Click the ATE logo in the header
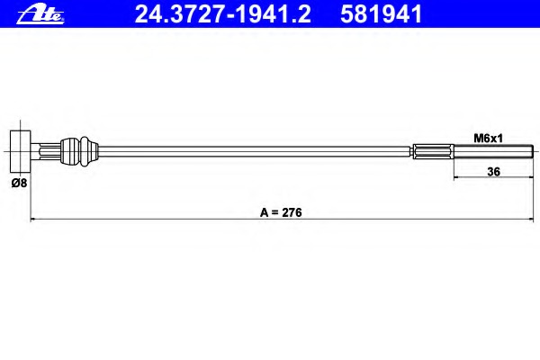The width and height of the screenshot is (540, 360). tap(40, 14)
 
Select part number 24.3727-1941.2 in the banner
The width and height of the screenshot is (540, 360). tap(223, 14)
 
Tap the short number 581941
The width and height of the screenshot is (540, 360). tap(381, 14)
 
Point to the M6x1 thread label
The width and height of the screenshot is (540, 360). tap(489, 139)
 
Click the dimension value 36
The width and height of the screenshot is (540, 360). tap(493, 172)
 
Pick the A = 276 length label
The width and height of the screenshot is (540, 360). tap(281, 212)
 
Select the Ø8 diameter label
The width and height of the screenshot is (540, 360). tap(19, 183)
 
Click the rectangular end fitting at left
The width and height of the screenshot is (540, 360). tap(21, 151)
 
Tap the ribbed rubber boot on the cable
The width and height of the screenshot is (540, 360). tap(70, 151)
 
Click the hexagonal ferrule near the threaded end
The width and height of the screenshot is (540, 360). tap(433, 151)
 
